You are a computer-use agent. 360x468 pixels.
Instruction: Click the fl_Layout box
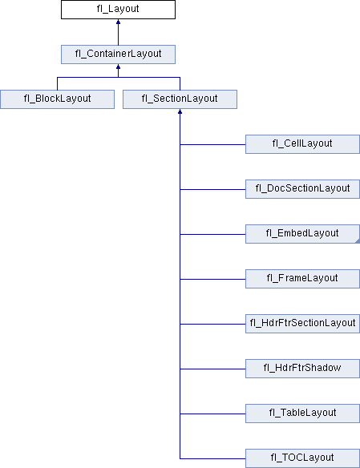[118, 10]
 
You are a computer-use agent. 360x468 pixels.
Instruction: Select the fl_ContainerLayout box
[118, 54]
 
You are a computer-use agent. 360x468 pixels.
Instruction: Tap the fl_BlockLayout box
[57, 99]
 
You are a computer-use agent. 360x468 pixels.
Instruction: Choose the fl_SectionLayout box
[180, 99]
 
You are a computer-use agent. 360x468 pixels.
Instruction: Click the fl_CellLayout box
[302, 144]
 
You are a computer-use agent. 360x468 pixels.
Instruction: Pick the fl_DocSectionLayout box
[302, 189]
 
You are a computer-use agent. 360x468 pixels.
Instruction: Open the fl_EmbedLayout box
[302, 234]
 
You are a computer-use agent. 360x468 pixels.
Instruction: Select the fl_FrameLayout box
[302, 279]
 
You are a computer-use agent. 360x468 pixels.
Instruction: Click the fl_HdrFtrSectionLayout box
[302, 324]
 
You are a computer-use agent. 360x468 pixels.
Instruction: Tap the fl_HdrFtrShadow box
[302, 369]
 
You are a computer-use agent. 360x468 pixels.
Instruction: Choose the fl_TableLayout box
[302, 414]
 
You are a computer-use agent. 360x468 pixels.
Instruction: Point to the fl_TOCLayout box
[302, 458]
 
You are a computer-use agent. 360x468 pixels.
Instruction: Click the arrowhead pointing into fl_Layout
[118, 22]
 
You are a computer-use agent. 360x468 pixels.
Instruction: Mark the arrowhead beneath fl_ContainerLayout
[118, 67]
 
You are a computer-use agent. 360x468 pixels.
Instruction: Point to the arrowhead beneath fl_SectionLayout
[180, 111]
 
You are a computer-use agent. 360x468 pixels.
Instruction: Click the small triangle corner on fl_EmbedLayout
[358, 241]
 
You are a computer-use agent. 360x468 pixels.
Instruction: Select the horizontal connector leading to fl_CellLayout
[212, 144]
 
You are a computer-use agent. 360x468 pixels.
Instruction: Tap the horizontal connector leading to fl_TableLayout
[212, 414]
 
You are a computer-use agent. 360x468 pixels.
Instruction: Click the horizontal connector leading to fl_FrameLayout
[212, 279]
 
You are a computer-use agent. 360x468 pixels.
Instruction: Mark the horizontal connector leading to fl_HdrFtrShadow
[212, 369]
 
